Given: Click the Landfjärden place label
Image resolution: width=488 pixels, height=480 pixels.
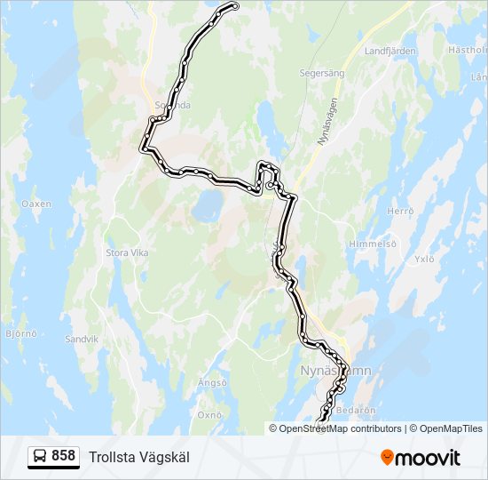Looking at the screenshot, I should (x=390, y=51).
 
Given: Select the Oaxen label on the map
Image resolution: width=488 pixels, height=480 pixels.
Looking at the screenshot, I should (x=36, y=204).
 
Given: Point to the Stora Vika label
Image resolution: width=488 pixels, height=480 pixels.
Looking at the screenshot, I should (x=127, y=253).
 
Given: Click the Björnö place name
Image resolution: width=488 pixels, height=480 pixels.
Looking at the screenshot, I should (x=20, y=335).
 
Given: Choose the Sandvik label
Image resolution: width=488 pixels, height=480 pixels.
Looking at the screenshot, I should (x=82, y=340).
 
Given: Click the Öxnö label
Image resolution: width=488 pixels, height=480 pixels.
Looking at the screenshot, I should (x=209, y=414).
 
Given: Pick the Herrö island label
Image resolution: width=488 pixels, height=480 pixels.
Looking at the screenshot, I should (x=401, y=211).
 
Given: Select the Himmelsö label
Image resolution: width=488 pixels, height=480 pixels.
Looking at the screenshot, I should (x=372, y=244).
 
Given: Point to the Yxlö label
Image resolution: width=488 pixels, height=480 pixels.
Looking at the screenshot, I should (x=425, y=260).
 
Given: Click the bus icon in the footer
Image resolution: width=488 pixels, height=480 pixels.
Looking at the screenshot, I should (x=40, y=457).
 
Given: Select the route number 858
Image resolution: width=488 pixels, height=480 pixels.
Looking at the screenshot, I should (x=64, y=456).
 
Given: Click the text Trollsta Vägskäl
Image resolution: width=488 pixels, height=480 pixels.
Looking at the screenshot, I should (x=139, y=457).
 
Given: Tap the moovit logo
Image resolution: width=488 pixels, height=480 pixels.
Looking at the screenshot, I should (x=421, y=458).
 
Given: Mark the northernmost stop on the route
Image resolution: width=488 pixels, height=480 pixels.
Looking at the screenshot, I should (x=235, y=7).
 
